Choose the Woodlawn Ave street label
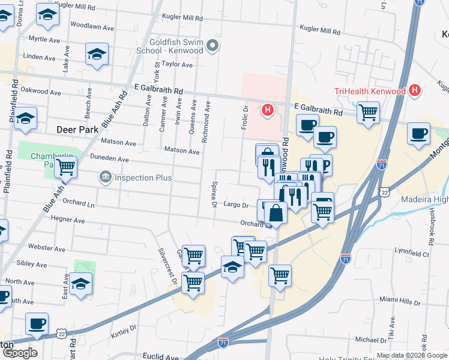pos(92,27)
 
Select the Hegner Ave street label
pos(68,220)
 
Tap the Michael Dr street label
pos(370,340)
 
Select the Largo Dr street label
pos(236,205)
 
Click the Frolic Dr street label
pos(245,116)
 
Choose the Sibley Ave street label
pos(32,264)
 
